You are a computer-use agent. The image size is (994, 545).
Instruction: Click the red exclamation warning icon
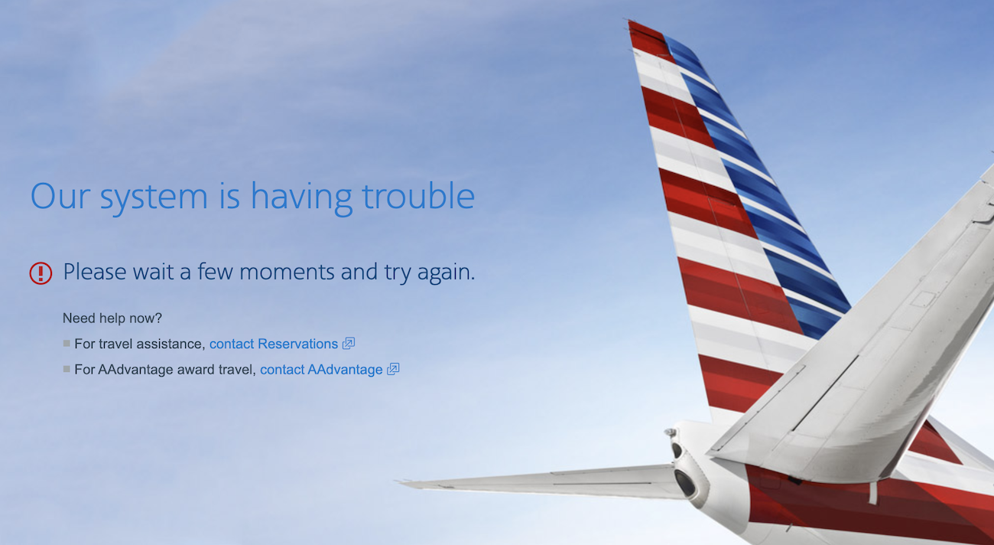pos(41,273)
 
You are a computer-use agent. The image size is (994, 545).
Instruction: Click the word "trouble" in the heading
pos(418,196)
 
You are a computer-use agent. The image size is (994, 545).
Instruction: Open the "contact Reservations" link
pos(273,344)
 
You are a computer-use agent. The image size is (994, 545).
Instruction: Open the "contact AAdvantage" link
pos(321,370)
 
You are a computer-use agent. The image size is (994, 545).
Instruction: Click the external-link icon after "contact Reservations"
pos(349,344)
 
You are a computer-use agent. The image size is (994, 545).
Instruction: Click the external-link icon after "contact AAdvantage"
pos(393,370)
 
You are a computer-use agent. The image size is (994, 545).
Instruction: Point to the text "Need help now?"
pos(112,318)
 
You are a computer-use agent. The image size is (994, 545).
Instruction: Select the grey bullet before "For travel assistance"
pos(67,344)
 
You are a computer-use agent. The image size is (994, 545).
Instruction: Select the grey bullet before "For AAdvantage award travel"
pos(67,370)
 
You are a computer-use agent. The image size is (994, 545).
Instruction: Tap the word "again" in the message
pos(445,273)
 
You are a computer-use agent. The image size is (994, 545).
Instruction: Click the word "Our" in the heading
pos(60,196)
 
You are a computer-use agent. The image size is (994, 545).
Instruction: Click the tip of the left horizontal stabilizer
pos(398,482)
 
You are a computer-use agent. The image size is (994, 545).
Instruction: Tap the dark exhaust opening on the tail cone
pos(684,483)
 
